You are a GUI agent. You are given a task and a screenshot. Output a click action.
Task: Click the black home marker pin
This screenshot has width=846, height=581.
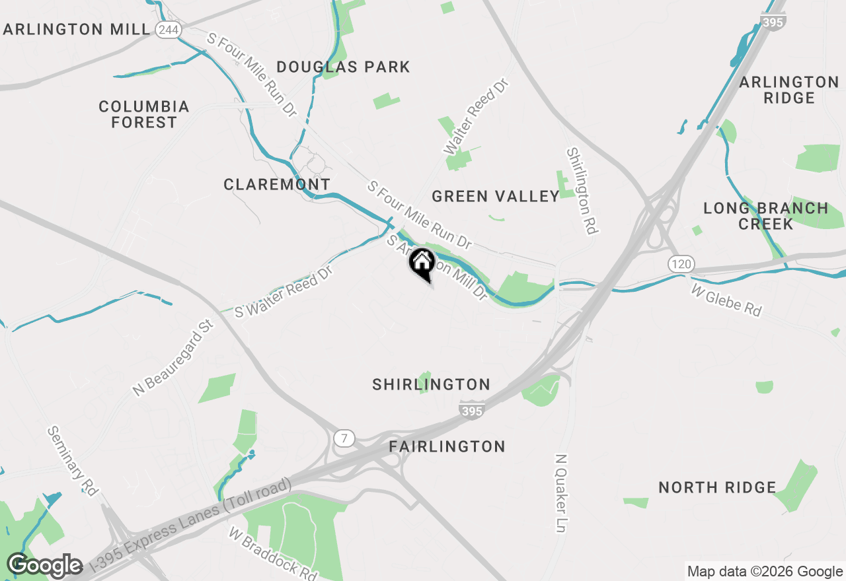point(421,263)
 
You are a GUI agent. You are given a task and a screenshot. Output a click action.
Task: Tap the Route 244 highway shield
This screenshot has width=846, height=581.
point(169,30)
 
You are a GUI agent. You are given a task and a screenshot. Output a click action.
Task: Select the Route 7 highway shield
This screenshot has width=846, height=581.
point(344,438)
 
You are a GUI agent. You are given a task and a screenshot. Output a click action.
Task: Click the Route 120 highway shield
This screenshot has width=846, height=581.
point(680,265)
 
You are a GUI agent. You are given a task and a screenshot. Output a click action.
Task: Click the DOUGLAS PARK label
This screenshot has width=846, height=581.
point(343,67)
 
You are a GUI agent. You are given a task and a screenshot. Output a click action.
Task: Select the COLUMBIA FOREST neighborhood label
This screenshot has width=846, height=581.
point(144,114)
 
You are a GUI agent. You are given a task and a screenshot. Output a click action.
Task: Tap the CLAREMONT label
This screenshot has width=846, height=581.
point(277,185)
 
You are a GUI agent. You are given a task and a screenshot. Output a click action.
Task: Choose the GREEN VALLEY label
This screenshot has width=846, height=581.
point(496,196)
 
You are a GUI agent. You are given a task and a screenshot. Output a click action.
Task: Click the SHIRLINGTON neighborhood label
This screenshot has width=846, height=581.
point(431,384)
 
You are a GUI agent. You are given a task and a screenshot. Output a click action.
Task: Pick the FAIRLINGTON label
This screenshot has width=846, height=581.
point(447,447)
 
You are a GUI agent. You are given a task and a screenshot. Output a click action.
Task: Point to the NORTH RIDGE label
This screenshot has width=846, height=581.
point(717,488)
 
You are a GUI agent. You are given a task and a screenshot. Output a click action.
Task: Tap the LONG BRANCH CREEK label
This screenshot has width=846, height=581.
point(765,216)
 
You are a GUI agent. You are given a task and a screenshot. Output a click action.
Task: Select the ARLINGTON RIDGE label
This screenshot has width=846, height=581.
point(789,90)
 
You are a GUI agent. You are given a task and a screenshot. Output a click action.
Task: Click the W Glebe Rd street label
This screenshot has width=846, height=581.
point(726,300)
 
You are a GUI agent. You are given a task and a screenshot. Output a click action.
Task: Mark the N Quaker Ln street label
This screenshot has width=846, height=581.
point(562,493)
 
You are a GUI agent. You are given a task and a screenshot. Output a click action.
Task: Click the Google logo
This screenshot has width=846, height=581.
point(44,566)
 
